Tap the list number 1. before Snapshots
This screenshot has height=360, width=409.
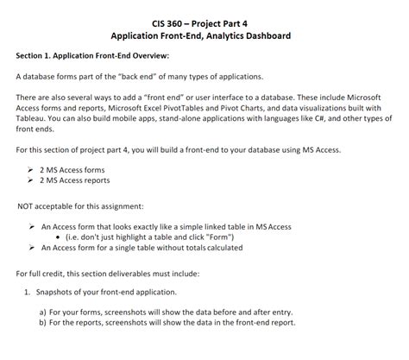click(x=27, y=291)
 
